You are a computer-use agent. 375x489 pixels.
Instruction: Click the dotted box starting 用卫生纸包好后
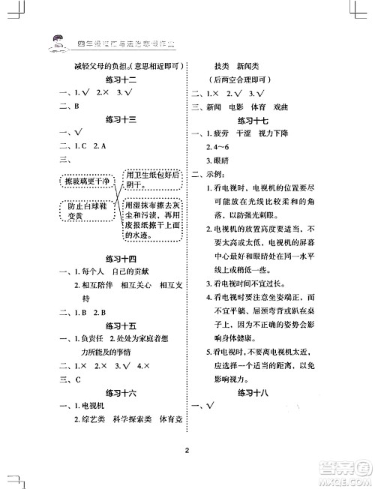coord(153,180)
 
